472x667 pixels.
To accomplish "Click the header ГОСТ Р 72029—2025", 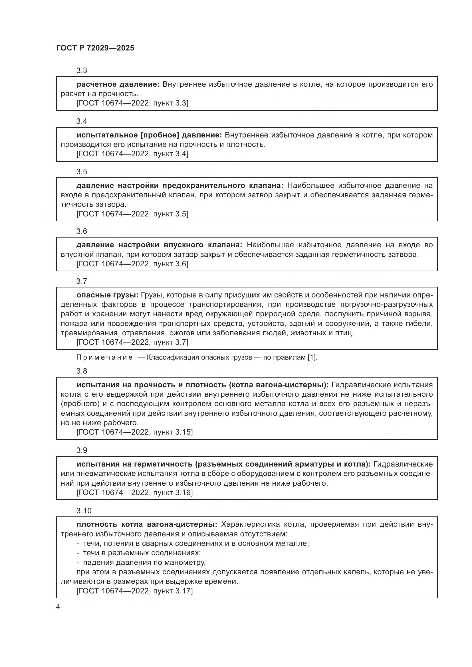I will point(95,48).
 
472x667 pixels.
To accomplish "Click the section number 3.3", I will point(82,71).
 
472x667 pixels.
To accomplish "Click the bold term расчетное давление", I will point(118,84).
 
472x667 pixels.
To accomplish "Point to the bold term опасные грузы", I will point(107,295).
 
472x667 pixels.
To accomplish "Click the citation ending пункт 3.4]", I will point(132,154).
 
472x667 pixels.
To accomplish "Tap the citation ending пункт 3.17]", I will point(135,591).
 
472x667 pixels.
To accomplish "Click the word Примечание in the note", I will point(104,357).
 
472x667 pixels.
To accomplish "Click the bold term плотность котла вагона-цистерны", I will point(146,524).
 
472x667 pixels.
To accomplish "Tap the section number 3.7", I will point(82,281).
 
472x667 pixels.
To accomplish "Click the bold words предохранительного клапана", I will point(222,186).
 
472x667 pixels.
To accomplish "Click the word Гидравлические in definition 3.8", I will point(359,385).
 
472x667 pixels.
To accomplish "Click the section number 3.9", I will point(82,450).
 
